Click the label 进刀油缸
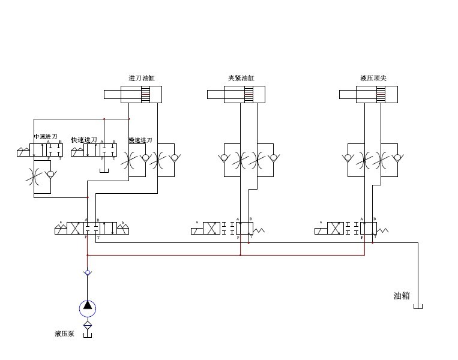pos(142,78)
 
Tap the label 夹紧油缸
pos(241,78)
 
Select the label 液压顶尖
pos(373,78)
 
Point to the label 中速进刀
pos(46,137)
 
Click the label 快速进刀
pos(84,140)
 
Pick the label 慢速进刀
pos(140,140)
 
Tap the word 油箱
pos(402,296)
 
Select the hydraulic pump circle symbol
pos(88,308)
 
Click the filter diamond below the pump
pos(88,325)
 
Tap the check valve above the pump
pos(88,273)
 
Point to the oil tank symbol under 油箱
pos(418,307)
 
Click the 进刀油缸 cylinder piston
pos(145,94)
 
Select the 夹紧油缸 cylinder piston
pos(247,94)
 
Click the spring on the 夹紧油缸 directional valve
pos(259,229)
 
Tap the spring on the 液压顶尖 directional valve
pos(383,229)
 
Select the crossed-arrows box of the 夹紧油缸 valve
pos(211,229)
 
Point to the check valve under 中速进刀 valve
pos(51,174)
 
